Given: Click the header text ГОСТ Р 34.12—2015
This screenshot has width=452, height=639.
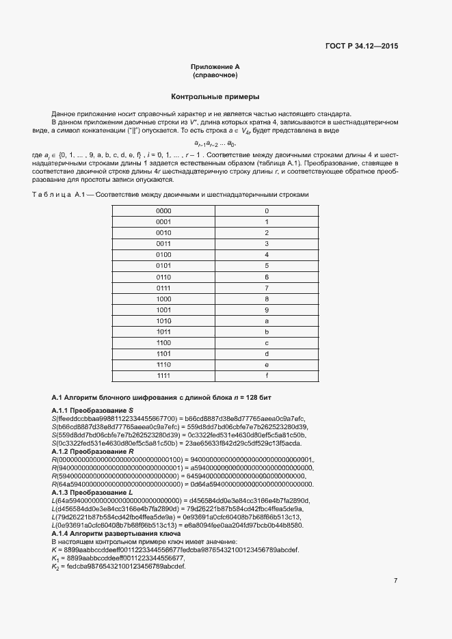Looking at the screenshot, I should tap(362, 46).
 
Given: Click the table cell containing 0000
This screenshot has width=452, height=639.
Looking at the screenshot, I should tap(163, 211).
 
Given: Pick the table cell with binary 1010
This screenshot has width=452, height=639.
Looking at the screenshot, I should tap(163, 321).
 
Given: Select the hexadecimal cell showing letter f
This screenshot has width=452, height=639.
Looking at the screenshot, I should tap(267, 376).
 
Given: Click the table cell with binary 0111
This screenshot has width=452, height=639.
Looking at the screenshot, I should tap(163, 288).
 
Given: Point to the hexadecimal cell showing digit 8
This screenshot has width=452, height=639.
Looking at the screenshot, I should tap(267, 299).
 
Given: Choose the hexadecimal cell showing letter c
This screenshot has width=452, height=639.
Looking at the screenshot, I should tap(267, 343).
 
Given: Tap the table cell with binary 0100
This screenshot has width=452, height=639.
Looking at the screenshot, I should tap(163, 255).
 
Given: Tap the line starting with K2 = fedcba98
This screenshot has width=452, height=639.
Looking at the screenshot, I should tap(118, 567).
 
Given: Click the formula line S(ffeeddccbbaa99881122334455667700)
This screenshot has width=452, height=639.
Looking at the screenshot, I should tap(178, 418).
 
